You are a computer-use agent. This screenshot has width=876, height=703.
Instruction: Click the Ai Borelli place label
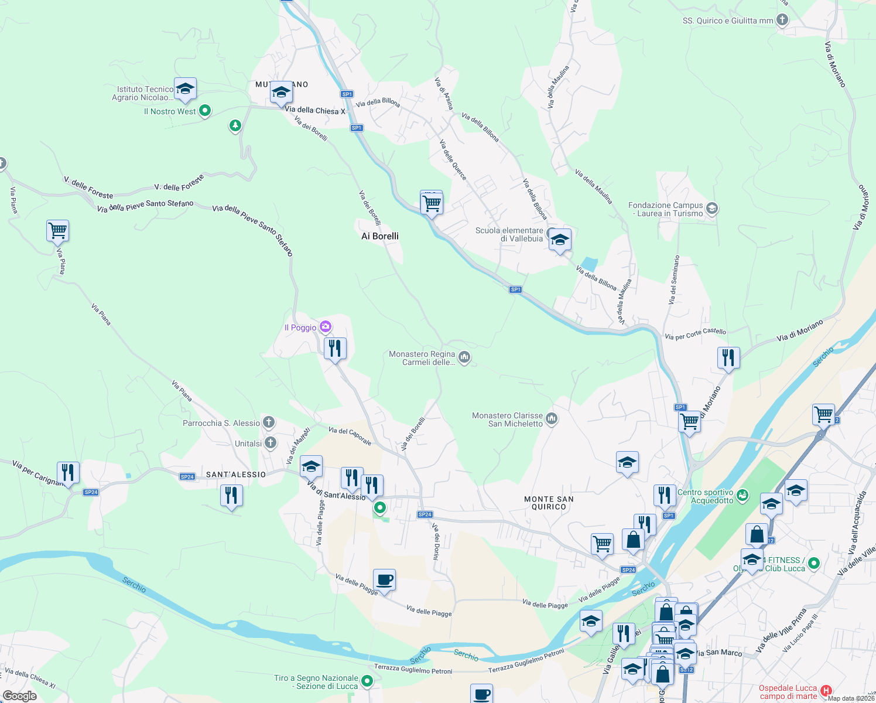pos(380,236)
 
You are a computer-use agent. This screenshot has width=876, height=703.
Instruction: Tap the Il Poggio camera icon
pos(326,327)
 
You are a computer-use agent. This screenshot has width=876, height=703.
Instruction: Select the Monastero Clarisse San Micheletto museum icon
pos(552,418)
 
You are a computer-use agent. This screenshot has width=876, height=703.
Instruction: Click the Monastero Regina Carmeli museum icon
pos(464,357)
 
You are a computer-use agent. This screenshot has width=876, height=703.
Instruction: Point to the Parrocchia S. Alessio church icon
pos(269,422)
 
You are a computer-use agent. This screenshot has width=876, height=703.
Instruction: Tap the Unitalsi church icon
pos(271,443)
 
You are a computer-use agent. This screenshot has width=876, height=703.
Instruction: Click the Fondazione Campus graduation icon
pos(712,209)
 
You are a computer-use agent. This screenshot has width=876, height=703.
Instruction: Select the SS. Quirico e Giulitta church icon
pos(782,20)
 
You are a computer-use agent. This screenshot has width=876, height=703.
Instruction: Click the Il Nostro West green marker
pos(205,110)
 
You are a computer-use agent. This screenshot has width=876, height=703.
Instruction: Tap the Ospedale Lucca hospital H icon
pos(826,691)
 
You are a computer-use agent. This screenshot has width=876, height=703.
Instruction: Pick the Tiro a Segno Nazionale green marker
pos(367,681)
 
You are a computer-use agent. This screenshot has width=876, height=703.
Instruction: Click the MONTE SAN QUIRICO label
pos(549,503)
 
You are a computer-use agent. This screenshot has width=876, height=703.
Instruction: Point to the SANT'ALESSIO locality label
pos(236,475)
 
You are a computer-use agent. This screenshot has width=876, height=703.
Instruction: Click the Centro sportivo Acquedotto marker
pos(742,496)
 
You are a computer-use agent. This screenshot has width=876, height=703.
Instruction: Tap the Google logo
pos(20,696)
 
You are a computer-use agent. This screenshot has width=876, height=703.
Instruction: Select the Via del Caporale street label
pos(350,436)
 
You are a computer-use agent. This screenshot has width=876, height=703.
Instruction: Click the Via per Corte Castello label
pos(695,334)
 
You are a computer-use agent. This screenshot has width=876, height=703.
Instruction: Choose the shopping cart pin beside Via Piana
pos(58,231)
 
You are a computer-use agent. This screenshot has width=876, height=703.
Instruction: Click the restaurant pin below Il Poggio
pos(335,349)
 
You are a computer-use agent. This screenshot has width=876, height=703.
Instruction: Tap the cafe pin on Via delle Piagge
pos(384,580)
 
